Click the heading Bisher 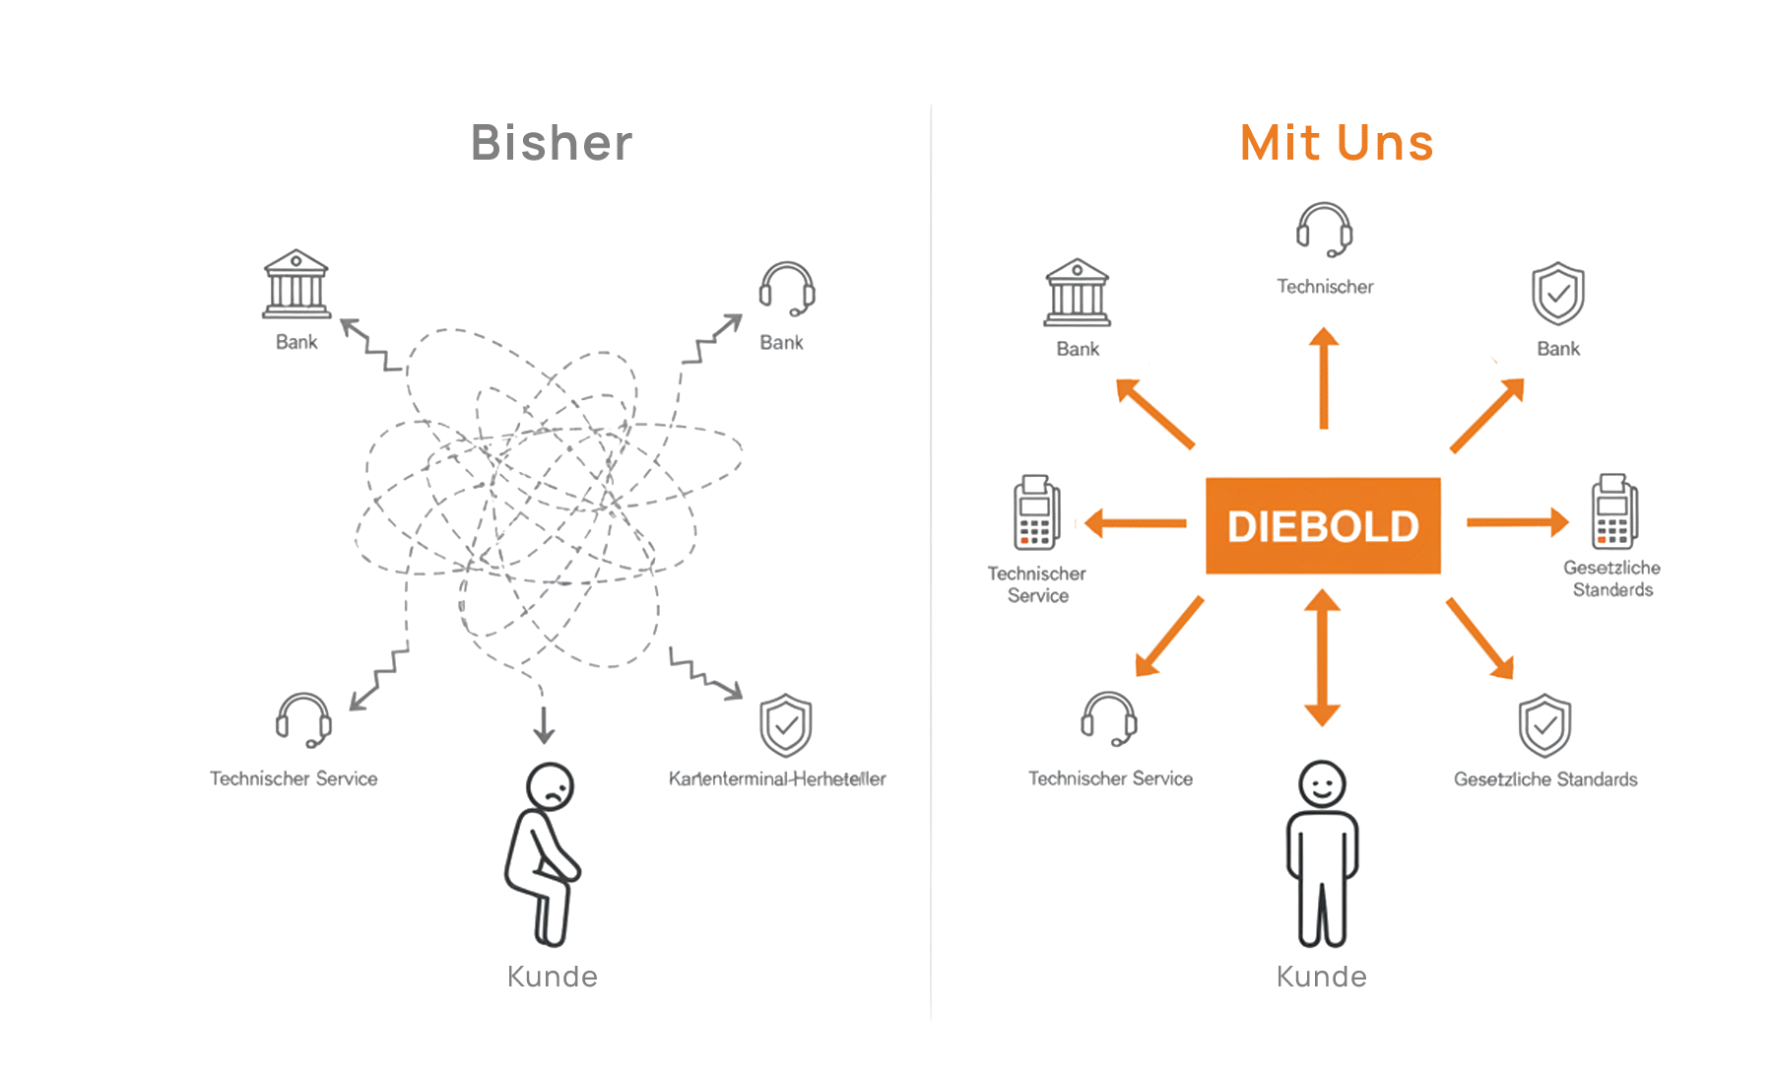[x=552, y=143]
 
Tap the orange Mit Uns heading [x=1337, y=143]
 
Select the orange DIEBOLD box [x=1323, y=525]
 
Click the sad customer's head [x=550, y=786]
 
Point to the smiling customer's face [x=1322, y=785]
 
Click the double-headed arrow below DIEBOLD [x=1322, y=657]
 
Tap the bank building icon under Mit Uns [x=1078, y=293]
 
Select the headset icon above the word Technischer [x=1324, y=230]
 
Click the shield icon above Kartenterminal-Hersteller [x=785, y=726]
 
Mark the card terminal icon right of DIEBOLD [x=1613, y=511]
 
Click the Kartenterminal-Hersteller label [x=777, y=779]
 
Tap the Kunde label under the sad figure [x=552, y=977]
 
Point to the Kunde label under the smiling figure [x=1321, y=977]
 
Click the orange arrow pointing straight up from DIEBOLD [x=1324, y=378]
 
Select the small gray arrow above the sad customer [x=544, y=723]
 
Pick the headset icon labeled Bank [x=786, y=289]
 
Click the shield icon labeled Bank [x=1558, y=294]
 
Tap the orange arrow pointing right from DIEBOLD [x=1517, y=522]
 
